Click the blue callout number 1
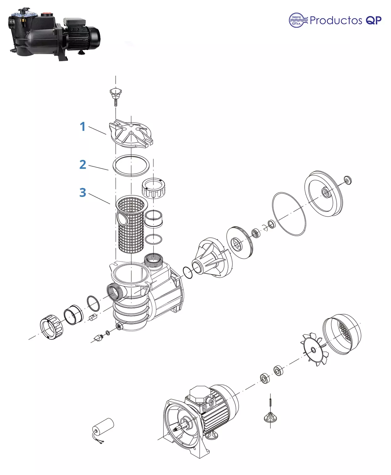(x=82, y=127)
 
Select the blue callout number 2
(x=83, y=165)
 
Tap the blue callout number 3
(x=83, y=192)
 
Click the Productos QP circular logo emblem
(x=298, y=20)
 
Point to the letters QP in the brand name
(x=374, y=20)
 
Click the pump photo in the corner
(x=54, y=34)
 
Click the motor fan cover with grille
(x=342, y=334)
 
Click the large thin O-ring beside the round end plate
(x=289, y=214)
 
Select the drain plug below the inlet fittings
(x=98, y=338)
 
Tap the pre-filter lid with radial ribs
(x=131, y=134)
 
